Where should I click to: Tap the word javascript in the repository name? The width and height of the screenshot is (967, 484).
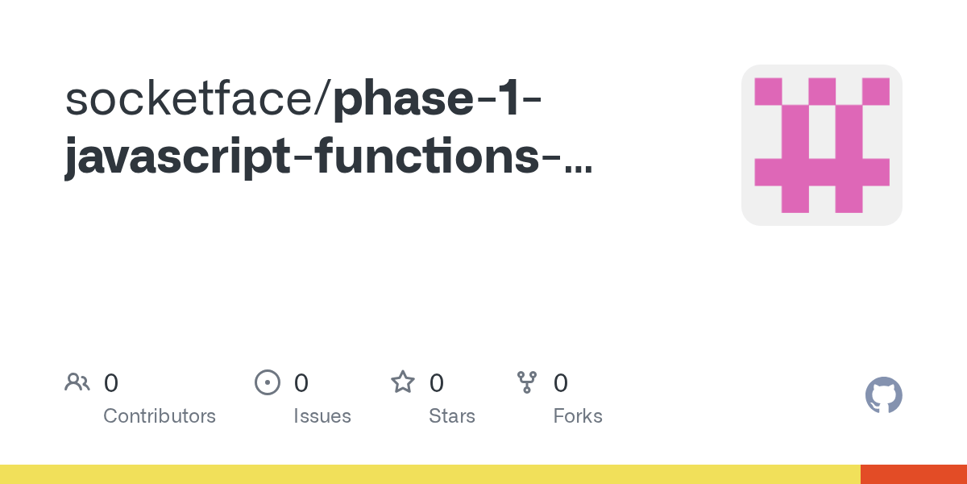point(178,158)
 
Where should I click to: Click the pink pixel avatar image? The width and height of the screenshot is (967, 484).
point(821,145)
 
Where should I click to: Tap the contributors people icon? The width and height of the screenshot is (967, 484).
point(77,382)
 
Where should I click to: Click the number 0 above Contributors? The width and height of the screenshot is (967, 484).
point(111,382)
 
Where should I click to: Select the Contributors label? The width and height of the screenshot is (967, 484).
point(160,416)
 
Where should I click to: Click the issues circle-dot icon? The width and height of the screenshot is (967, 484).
point(268,382)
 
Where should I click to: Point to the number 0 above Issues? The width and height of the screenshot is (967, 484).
point(301,382)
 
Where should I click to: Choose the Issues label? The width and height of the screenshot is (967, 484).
point(322,416)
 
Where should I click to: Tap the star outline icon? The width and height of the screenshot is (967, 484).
point(403,382)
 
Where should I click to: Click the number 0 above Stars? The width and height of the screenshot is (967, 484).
point(436,382)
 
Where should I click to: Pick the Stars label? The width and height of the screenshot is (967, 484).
point(452,416)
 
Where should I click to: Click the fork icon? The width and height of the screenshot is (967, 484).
point(527,382)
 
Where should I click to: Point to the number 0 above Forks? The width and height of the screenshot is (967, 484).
point(561,382)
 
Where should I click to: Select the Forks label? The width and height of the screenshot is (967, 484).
point(578,416)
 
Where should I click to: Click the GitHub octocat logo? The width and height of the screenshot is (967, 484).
point(883,395)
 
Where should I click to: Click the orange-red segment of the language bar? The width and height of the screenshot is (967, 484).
point(914,474)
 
